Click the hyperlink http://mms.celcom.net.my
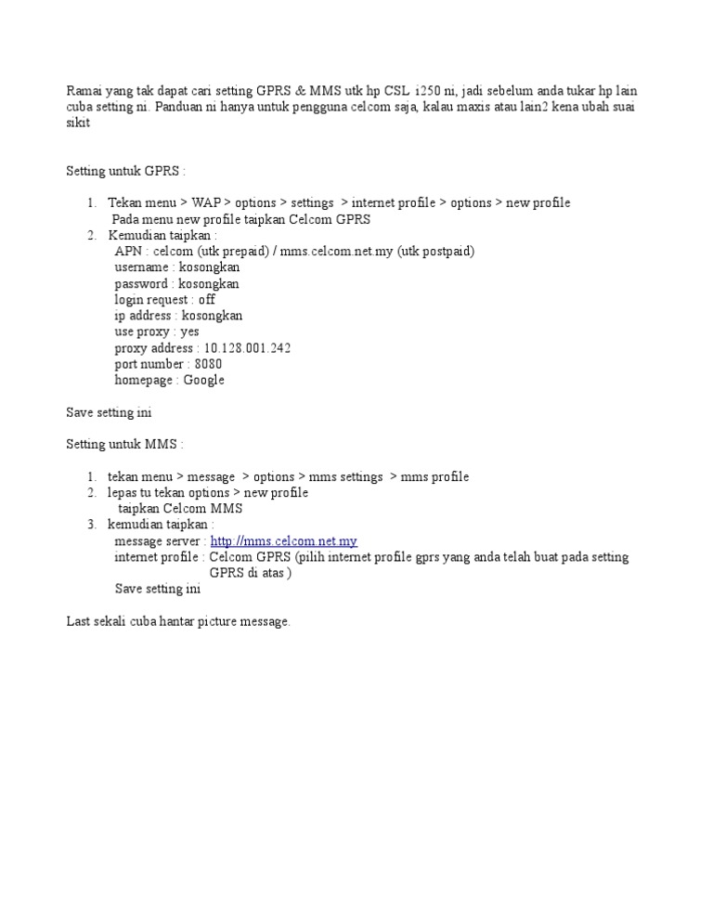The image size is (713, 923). click(283, 541)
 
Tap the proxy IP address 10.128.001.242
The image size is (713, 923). click(247, 348)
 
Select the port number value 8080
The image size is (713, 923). click(208, 364)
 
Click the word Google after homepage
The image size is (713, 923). click(203, 380)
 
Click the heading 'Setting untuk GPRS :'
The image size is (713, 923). click(125, 171)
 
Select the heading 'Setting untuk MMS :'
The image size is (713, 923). click(125, 445)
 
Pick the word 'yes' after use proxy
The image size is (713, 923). click(189, 331)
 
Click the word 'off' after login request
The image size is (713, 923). click(206, 300)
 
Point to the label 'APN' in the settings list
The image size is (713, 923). click(128, 252)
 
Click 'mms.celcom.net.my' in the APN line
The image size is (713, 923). click(337, 252)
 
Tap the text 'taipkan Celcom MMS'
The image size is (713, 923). click(180, 509)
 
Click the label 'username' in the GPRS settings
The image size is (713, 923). click(142, 267)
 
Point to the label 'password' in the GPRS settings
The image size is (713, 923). click(141, 284)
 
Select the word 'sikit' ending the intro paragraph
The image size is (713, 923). click(78, 123)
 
